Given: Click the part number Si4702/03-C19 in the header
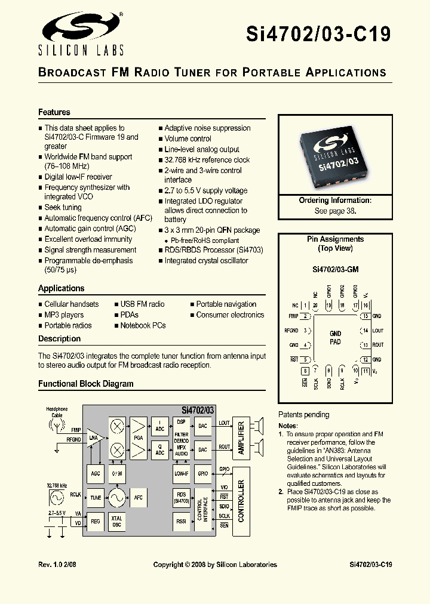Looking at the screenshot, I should coord(318,33).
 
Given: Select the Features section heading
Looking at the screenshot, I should coord(54,112).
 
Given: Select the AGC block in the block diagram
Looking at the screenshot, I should coord(95,473).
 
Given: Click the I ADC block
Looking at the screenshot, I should coord(159,426).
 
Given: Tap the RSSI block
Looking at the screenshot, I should coord(181,521).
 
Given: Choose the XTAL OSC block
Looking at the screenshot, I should coord(117,522).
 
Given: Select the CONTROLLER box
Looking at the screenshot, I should coord(241,501).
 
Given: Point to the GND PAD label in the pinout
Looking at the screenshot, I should coord(335,338).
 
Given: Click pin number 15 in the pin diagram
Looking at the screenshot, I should coord(364,316).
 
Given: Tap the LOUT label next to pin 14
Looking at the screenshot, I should coord(377,331).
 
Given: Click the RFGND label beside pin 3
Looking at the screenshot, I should coord(291,331).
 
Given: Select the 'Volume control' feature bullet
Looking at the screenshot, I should coord(188,138).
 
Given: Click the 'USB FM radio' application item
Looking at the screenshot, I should coord(142,304).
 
